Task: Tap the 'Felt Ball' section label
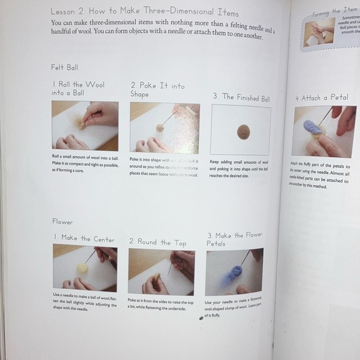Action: point(65,66)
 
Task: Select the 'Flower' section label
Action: point(62,222)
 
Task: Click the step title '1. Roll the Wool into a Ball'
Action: point(78,88)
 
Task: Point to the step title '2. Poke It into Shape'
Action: point(158,89)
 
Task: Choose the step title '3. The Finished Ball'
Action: point(241,97)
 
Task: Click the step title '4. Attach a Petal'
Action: point(322,97)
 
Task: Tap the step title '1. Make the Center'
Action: point(84,238)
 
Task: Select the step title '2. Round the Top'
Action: point(157,242)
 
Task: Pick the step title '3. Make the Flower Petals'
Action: point(234,239)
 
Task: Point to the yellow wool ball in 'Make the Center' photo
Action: point(81,268)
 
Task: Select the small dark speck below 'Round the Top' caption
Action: point(200,317)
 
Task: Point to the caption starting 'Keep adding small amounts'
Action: point(241,168)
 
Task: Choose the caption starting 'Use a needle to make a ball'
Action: point(84,302)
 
